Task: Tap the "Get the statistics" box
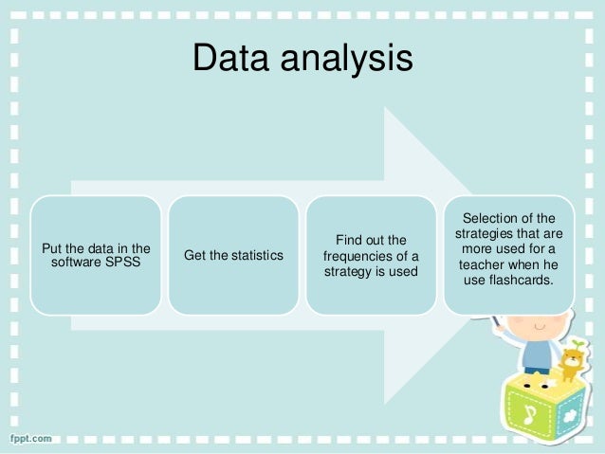(232, 254)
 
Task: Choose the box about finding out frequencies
(371, 254)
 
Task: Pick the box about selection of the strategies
(508, 254)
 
